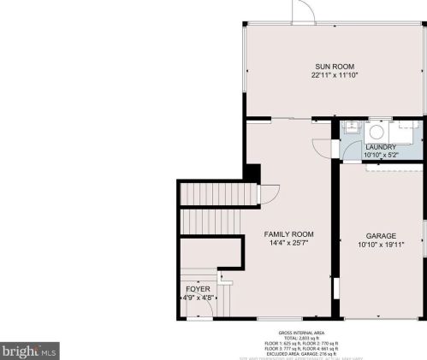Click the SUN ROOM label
coord(334,67)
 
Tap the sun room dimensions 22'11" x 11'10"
coord(334,75)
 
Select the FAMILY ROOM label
coord(288,234)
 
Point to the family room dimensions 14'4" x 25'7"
coord(288,243)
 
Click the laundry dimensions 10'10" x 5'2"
coord(381,156)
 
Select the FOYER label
coord(198,289)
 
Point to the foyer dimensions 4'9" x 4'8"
coord(198,298)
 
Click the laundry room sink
coord(351,130)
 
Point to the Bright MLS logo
coord(29,349)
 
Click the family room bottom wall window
coord(274,319)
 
